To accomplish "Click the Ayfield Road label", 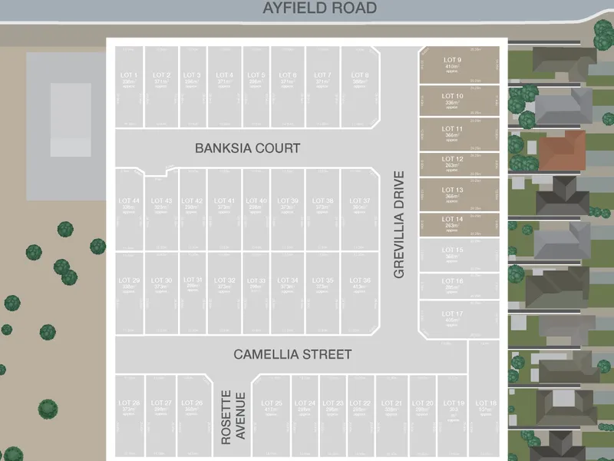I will (x=320, y=8).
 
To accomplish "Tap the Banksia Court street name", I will (x=247, y=148).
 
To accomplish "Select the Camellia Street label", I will (x=292, y=354).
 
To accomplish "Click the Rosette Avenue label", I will (x=232, y=416).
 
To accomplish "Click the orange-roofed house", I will (x=562, y=148).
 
